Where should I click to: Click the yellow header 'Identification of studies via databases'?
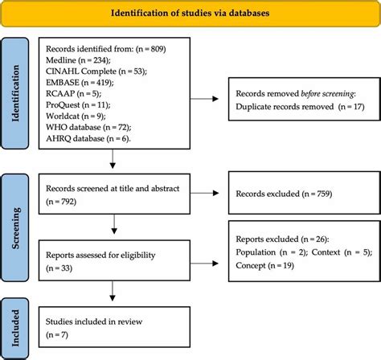(x=190, y=14)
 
